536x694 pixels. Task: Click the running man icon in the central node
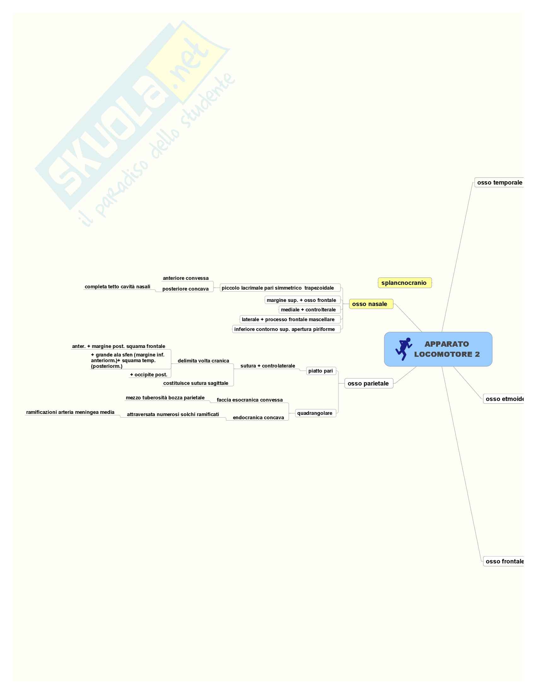click(x=404, y=349)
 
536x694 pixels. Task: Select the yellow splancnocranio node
click(x=404, y=283)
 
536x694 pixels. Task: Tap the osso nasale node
click(x=370, y=304)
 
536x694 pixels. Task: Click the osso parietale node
click(x=368, y=384)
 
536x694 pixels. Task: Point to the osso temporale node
click(x=499, y=183)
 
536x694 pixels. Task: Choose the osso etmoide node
click(x=504, y=399)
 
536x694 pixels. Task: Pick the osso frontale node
click(x=504, y=562)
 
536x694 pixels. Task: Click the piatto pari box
click(x=321, y=371)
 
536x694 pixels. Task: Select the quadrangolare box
click(x=315, y=414)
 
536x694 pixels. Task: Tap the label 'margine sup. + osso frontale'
click(x=302, y=300)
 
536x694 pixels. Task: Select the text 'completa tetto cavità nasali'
click(x=118, y=287)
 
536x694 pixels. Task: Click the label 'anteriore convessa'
click(x=186, y=278)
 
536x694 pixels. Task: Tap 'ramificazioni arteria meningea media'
click(x=70, y=413)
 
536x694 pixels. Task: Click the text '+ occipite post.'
click(x=149, y=375)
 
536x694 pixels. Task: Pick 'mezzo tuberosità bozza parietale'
click(x=165, y=398)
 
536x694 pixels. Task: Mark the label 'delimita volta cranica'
click(x=204, y=361)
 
